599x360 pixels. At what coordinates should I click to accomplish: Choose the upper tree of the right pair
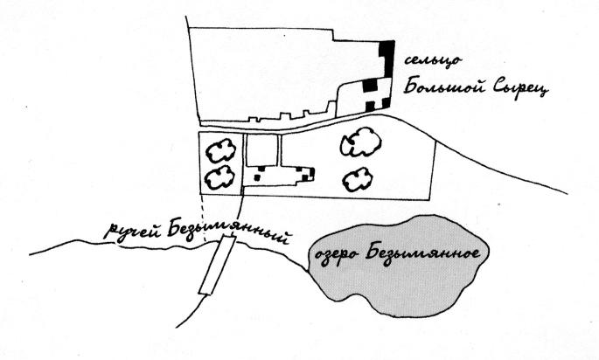(361, 142)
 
